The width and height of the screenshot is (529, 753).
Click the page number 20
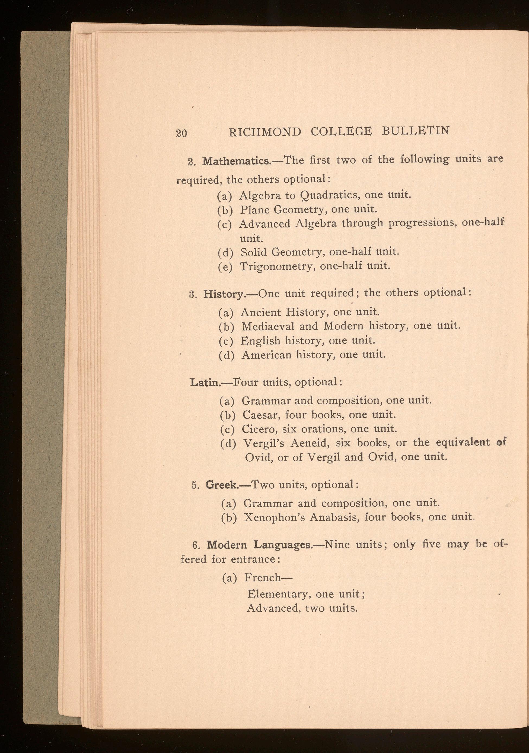(x=181, y=134)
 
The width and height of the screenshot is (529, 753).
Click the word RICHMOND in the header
(x=264, y=132)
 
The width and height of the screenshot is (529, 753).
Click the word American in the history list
(x=266, y=355)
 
